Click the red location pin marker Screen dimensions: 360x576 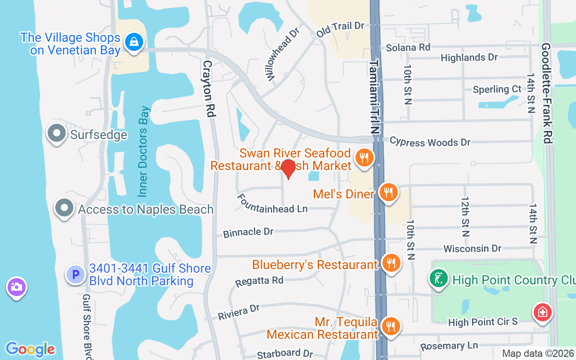tap(288, 169)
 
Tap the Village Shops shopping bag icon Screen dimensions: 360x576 tap(134, 42)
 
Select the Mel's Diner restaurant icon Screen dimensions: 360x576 tap(388, 192)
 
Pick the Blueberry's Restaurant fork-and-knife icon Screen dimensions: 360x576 tap(391, 262)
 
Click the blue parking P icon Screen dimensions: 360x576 tap(75, 274)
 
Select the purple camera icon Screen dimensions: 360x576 tap(17, 287)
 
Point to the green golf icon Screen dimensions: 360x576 tap(439, 278)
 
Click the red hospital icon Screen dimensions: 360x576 tap(543, 312)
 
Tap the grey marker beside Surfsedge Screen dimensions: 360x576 tap(57, 134)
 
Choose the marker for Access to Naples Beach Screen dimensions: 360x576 tap(64, 208)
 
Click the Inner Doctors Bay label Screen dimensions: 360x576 tap(144, 151)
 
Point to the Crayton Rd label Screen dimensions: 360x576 tap(208, 89)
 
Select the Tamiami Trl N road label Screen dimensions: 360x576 tap(374, 97)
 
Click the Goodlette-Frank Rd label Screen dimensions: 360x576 tap(547, 93)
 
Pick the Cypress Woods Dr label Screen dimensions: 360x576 tap(430, 142)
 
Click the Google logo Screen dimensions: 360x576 tap(30, 349)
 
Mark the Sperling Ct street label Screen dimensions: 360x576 tap(497, 90)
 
